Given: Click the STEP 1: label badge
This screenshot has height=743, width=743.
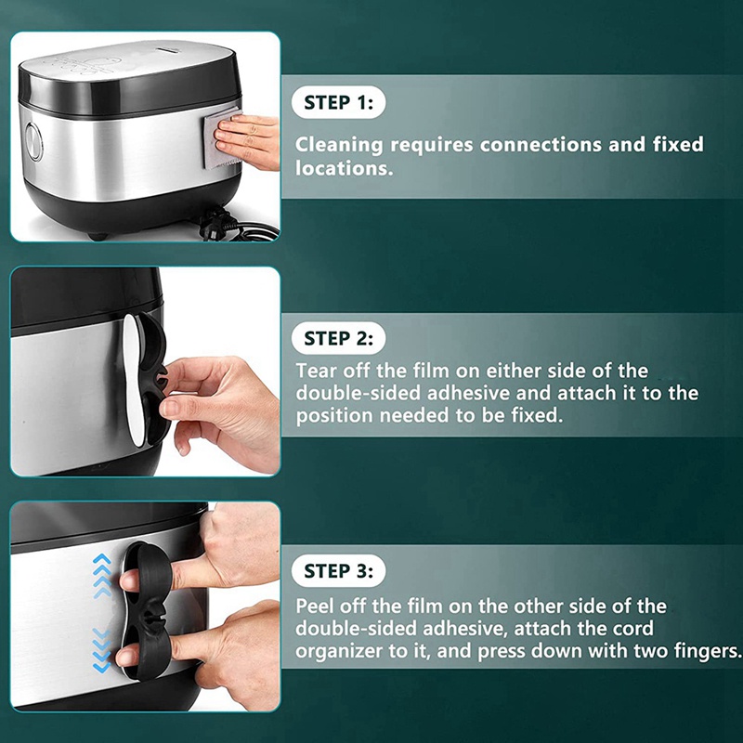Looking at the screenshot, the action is pos(338,102).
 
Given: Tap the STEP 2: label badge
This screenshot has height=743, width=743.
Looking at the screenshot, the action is pos(338,338).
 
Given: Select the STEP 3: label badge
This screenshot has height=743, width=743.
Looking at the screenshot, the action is pos(338,571).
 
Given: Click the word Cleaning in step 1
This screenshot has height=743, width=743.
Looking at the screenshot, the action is pos(338,146).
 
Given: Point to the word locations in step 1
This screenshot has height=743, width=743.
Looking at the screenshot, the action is pos(344,168).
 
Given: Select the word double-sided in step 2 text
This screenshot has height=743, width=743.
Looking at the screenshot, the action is pos(358,393).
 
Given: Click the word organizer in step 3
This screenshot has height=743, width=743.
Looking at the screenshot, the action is pos(339,651).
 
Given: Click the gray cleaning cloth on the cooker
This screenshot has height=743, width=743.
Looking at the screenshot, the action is pos(220,138).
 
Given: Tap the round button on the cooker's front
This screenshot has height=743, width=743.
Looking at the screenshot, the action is pos(34,141).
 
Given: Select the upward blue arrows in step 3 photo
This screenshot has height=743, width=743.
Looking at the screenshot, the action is pos(102,576).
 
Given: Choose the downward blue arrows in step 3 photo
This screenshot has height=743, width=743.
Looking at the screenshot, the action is pos(102,651).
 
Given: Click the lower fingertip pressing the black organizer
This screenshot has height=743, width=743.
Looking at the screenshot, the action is pos(126,658).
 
